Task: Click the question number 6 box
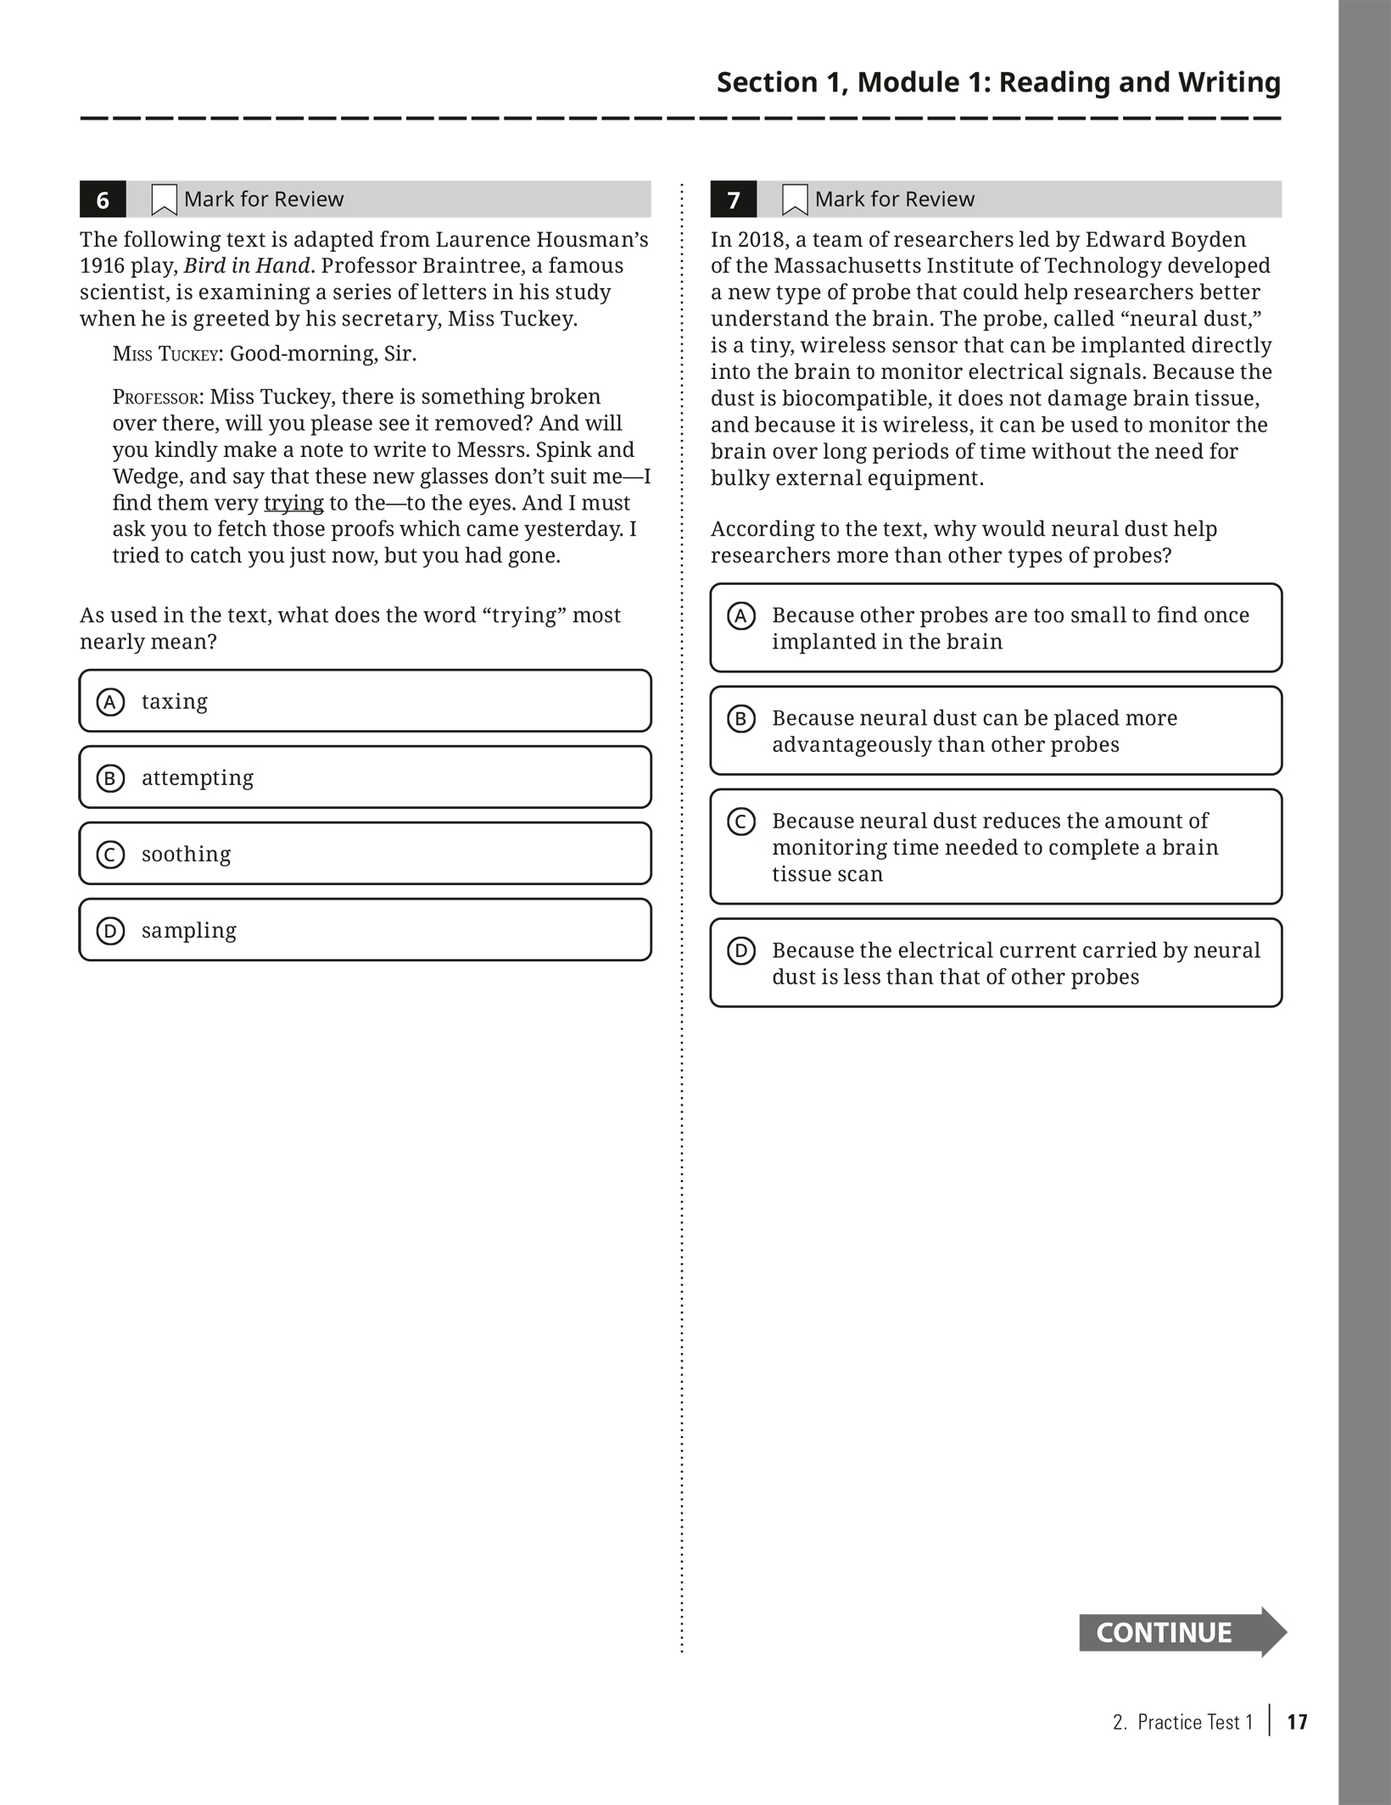103,199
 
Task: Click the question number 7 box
734,199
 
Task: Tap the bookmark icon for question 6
164,200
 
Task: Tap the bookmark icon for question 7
795,200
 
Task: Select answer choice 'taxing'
365,701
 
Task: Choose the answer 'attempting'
365,777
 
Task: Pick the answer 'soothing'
365,854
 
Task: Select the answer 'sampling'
365,930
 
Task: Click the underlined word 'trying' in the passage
293,503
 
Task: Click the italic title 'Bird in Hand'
247,265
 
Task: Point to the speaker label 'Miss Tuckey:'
168,354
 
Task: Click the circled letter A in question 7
741,616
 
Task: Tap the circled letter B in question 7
741,719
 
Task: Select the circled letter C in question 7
741,822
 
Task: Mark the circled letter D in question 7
741,951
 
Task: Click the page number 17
1297,1722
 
